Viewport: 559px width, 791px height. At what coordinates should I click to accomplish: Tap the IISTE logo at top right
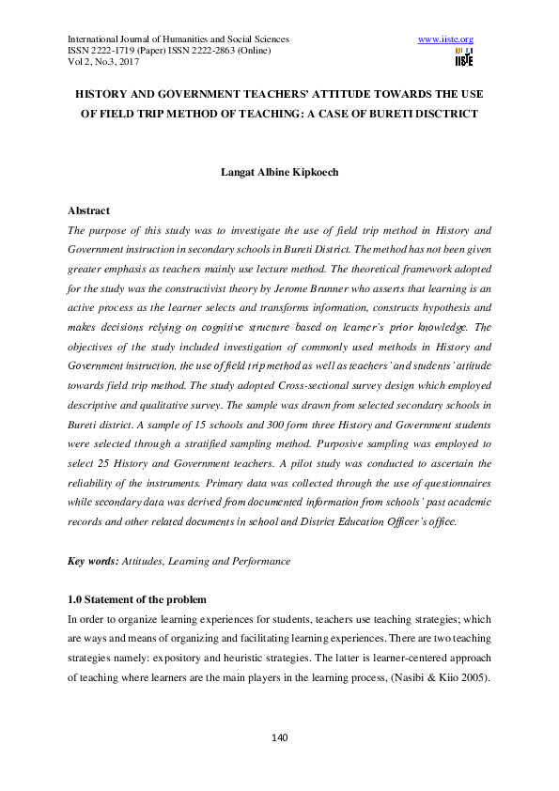[464, 58]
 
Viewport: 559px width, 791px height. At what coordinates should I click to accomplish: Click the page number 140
[279, 737]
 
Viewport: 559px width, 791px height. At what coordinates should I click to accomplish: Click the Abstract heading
[89, 211]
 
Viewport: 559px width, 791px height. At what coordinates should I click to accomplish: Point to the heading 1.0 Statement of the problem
[137, 599]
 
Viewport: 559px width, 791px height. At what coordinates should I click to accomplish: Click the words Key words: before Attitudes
[93, 561]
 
